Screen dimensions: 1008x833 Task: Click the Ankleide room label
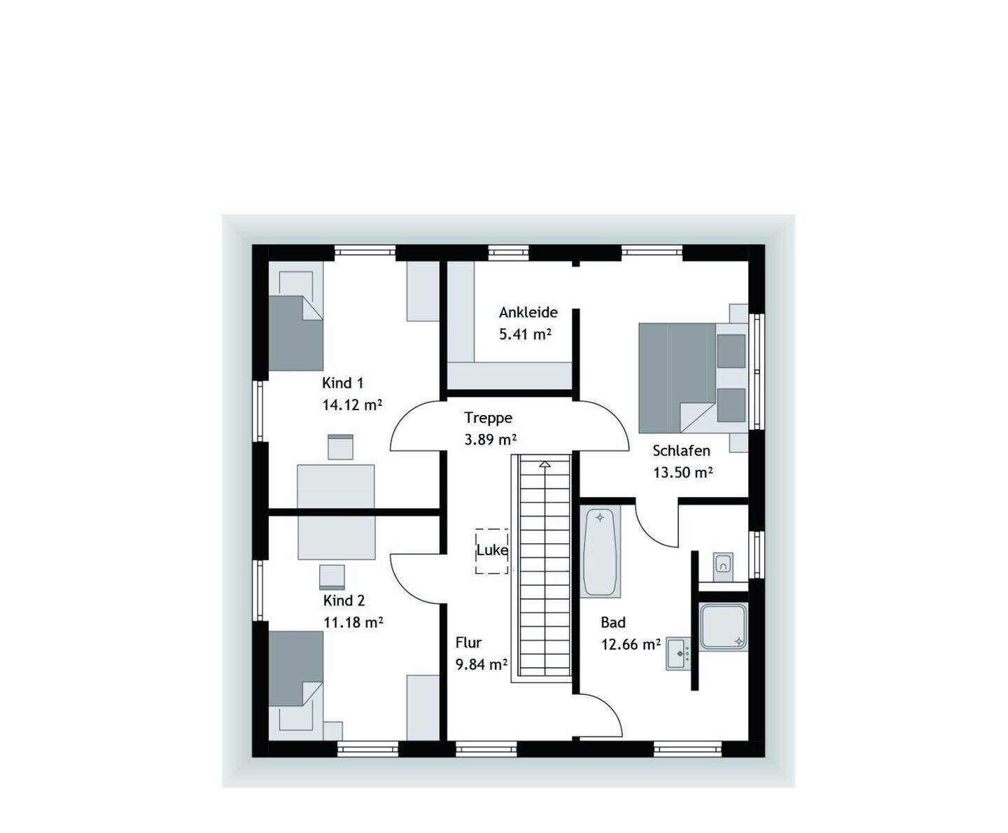pyautogui.click(x=528, y=312)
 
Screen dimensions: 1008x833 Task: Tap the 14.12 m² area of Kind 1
pyautogui.click(x=352, y=405)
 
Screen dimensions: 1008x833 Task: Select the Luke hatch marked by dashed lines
pyautogui.click(x=492, y=551)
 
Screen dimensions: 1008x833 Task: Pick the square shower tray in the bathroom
pyautogui.click(x=723, y=626)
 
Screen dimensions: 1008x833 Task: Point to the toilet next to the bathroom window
pyautogui.click(x=722, y=567)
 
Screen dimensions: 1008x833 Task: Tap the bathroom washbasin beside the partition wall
pyautogui.click(x=678, y=654)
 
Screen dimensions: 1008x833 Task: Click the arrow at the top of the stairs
pyautogui.click(x=545, y=464)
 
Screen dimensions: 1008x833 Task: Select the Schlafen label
pyautogui.click(x=681, y=451)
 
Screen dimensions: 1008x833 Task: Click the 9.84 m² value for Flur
pyautogui.click(x=482, y=664)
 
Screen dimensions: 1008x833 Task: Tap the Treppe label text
pyautogui.click(x=488, y=418)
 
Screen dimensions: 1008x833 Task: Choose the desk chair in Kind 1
pyautogui.click(x=340, y=447)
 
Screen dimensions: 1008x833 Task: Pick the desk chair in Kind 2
pyautogui.click(x=332, y=577)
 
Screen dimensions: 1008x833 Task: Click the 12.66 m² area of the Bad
pyautogui.click(x=631, y=644)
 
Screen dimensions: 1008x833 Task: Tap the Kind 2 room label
pyautogui.click(x=344, y=601)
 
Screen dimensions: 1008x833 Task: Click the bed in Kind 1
pyautogui.click(x=296, y=316)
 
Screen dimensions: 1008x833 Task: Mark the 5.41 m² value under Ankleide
pyautogui.click(x=525, y=334)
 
